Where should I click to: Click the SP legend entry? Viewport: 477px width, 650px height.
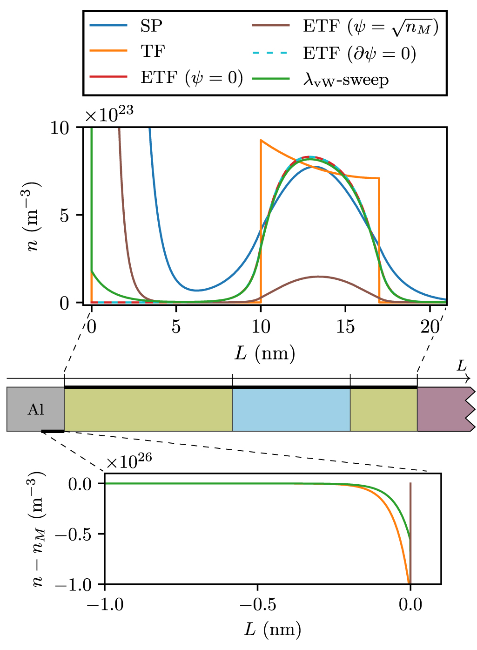coord(151,26)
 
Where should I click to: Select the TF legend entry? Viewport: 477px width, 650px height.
coord(153,51)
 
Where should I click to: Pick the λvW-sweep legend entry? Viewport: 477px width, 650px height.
coord(345,80)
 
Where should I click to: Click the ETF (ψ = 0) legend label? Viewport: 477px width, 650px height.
coord(191,77)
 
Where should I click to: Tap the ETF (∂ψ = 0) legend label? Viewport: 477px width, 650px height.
coord(359,54)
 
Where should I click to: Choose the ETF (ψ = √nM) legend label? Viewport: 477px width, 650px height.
coord(370,27)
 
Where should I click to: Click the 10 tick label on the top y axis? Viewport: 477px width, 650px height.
coord(59,128)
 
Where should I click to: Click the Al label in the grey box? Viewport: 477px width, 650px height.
coord(36,409)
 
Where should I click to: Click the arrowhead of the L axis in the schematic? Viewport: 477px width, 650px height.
coord(468,379)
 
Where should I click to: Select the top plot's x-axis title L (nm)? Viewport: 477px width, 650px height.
coord(265,354)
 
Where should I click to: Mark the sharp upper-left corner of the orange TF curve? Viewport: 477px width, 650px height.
coord(261,140)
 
